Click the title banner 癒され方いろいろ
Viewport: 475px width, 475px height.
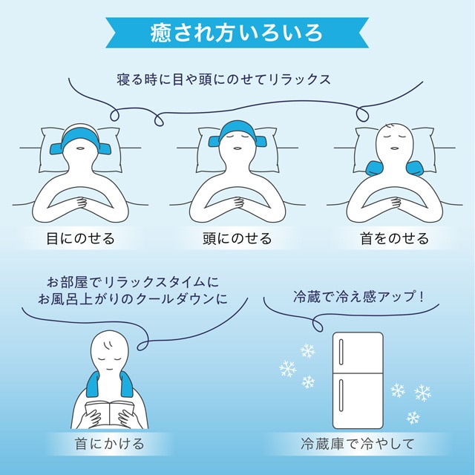coord(237,33)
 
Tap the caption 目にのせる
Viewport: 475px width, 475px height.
coord(81,238)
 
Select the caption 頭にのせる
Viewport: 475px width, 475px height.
coord(237,238)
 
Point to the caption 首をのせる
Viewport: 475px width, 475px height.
coord(395,238)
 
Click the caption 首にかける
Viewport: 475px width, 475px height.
coord(109,444)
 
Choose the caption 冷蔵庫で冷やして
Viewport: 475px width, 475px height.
coord(358,444)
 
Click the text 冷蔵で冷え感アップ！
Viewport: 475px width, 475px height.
coord(358,296)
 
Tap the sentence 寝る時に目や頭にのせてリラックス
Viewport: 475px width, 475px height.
coord(223,79)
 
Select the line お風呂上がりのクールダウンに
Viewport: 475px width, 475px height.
coord(133,299)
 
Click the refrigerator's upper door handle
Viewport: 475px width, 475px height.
coord(341,351)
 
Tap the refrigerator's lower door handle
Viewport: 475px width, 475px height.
coord(341,396)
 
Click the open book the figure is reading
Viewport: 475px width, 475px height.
coord(109,411)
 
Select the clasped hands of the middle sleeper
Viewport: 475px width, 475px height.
coord(238,203)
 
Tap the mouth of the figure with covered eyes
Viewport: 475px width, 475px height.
coord(81,148)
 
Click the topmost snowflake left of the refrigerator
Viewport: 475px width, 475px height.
coord(308,351)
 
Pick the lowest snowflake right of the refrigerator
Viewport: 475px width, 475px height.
coord(413,418)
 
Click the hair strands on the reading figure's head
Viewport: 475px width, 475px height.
coord(107,344)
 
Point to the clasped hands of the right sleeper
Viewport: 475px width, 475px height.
coord(396,203)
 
